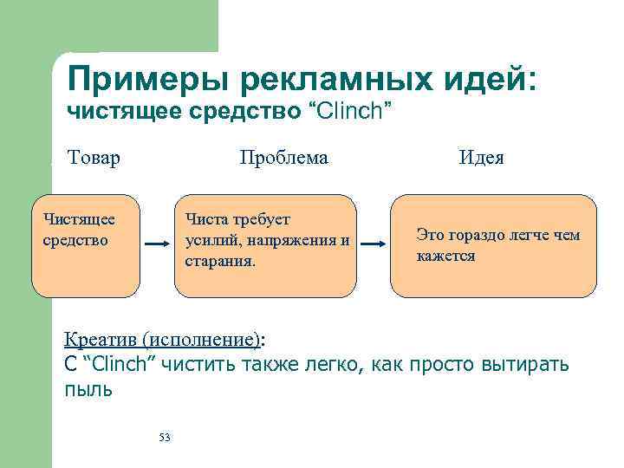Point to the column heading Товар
pyautogui.click(x=94, y=158)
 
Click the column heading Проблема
pyautogui.click(x=283, y=158)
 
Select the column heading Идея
pyautogui.click(x=482, y=158)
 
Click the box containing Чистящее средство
pyautogui.click(x=85, y=246)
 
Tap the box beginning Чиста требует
pyautogui.click(x=265, y=246)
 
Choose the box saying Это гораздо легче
pyautogui.click(x=493, y=246)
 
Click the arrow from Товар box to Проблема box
pyautogui.click(x=156, y=245)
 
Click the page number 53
pyautogui.click(x=165, y=437)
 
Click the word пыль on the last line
pyautogui.click(x=88, y=390)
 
